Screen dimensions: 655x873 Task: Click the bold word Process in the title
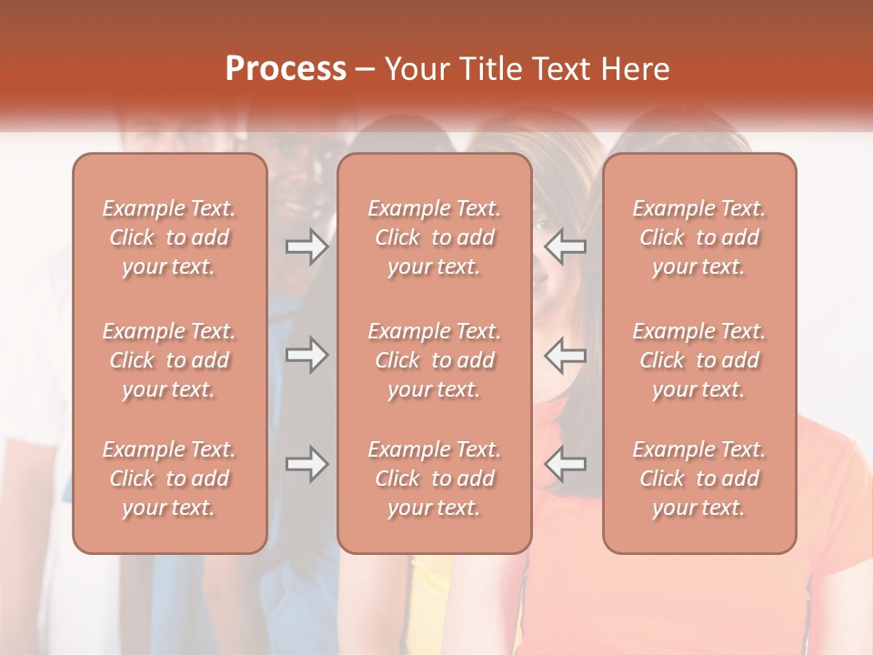286,69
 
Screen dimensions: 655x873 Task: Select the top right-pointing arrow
306,247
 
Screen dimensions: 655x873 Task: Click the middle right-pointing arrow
306,355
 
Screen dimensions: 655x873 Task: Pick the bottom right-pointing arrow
306,464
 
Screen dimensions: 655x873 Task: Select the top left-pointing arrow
566,247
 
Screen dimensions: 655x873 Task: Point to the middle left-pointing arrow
566,355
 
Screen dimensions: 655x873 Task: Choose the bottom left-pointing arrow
566,464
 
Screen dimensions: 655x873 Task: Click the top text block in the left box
169,237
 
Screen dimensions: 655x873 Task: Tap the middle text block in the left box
169,360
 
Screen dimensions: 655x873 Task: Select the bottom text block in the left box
169,479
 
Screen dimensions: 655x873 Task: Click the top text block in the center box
434,237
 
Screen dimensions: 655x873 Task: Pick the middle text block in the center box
434,360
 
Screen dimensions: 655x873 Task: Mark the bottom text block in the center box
434,479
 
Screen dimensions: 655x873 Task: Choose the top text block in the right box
698,237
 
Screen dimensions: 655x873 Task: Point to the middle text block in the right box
698,360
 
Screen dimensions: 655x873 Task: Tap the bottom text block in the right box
698,479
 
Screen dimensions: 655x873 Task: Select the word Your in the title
417,69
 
